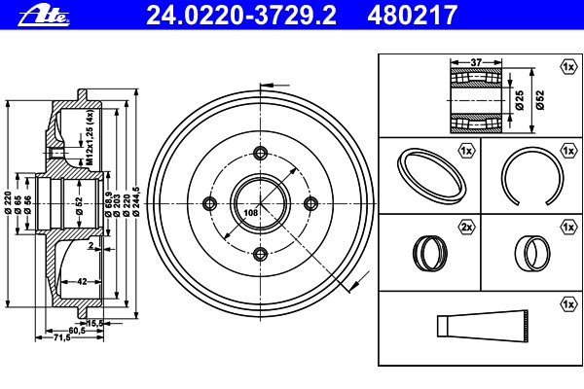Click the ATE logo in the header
(44, 16)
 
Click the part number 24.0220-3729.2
(241, 16)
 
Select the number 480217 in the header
(413, 16)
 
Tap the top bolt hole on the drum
(260, 153)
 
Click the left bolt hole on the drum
(209, 203)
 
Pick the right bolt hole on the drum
(311, 203)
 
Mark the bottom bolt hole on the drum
(260, 254)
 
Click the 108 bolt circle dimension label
(251, 213)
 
